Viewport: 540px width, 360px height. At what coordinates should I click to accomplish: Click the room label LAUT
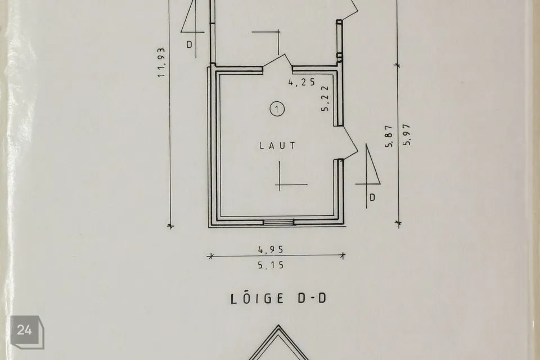(277, 146)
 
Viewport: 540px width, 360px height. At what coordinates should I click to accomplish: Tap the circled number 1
(277, 109)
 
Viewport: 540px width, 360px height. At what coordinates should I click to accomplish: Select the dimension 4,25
(301, 82)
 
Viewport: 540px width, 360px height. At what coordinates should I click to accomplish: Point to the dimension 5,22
(325, 98)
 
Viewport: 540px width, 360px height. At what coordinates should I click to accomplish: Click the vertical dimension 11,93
(161, 62)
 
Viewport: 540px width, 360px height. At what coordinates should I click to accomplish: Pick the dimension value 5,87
(389, 136)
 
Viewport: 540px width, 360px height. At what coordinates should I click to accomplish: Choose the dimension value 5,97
(407, 134)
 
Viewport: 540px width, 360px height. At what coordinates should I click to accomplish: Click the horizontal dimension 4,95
(271, 249)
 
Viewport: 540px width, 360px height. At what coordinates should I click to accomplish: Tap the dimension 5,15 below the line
(271, 265)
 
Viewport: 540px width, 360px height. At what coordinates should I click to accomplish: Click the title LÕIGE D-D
(278, 298)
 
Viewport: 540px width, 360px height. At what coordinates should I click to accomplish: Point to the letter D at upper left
(190, 44)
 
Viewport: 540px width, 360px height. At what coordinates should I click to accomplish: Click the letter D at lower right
(372, 197)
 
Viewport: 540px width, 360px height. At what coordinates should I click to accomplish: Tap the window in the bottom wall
(279, 223)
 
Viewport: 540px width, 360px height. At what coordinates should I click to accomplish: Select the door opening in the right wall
(347, 143)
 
